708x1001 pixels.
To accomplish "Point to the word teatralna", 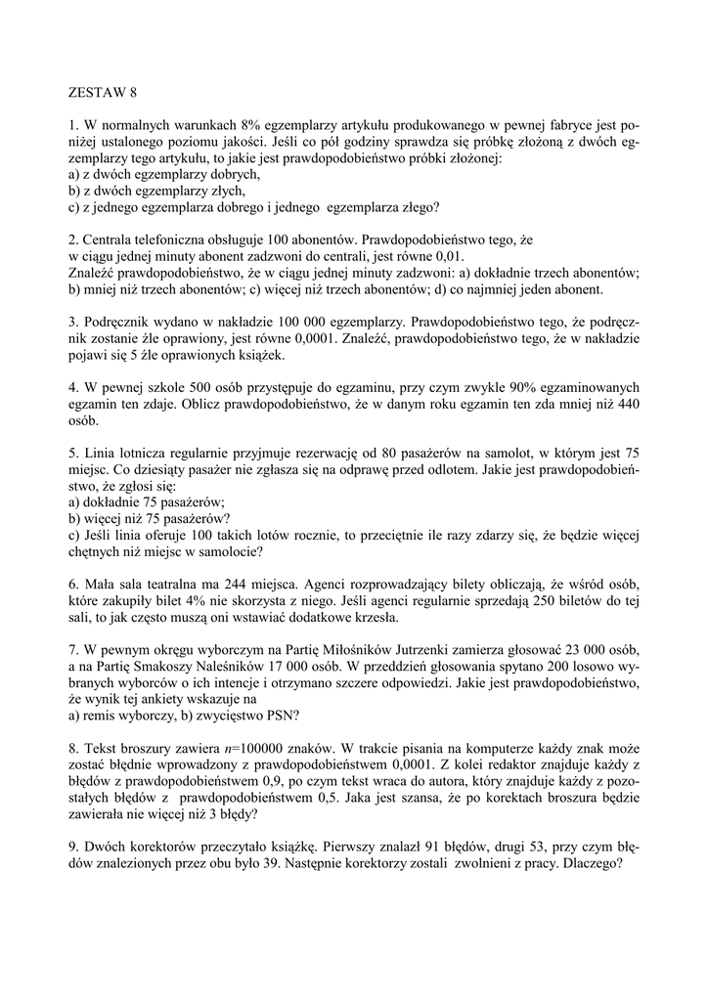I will coord(166,580).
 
